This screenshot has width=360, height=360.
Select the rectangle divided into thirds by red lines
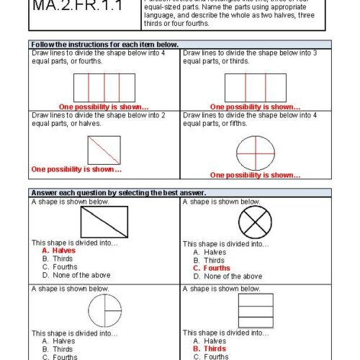tap(256, 86)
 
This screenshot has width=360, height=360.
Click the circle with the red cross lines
tap(255, 152)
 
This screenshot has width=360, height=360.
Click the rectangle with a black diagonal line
tap(104, 221)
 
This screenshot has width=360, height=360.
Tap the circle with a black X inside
tap(255, 221)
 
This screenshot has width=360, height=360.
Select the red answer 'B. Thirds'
tap(215, 348)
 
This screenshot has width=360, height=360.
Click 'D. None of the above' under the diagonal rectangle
tap(76, 275)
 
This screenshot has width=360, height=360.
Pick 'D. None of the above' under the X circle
tap(228, 276)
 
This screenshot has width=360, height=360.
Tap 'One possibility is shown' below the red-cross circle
tap(255, 175)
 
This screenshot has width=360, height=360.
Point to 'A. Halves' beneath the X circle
tap(210, 252)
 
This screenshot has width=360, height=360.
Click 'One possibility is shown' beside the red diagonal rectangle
tap(76, 170)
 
